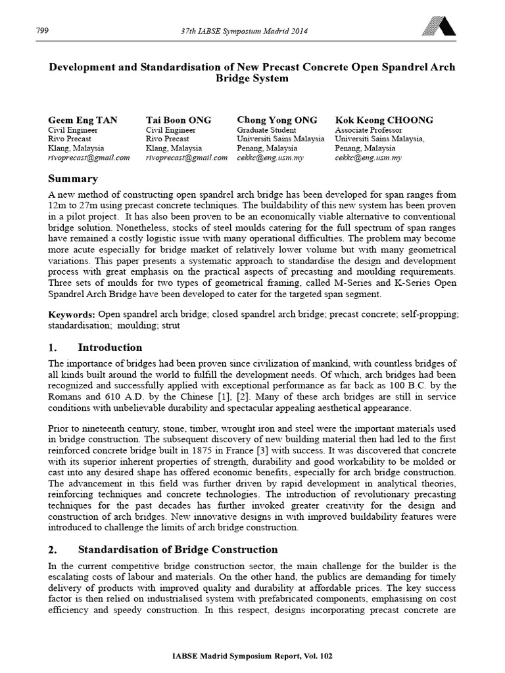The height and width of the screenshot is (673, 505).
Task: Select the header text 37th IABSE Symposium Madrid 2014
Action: tap(245, 31)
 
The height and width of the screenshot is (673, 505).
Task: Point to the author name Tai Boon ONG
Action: tap(178, 120)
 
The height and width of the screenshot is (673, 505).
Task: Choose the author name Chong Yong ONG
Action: tap(277, 120)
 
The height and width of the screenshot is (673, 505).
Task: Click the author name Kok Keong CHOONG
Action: tap(384, 120)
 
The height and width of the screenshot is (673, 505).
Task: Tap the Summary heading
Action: tap(73, 179)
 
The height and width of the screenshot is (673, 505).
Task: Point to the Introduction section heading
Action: tap(110, 348)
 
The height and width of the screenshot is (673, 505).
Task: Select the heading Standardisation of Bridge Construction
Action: tap(178, 549)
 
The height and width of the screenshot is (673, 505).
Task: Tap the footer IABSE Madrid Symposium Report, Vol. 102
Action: tap(252, 658)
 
